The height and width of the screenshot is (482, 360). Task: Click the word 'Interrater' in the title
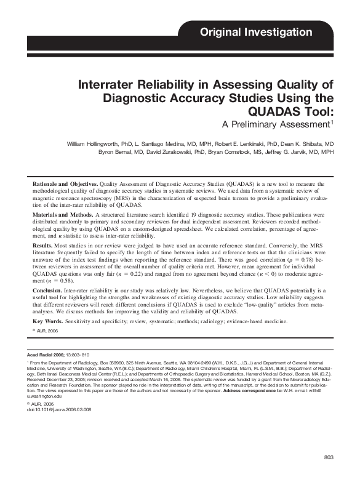107,85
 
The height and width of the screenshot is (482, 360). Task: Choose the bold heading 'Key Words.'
47,322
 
